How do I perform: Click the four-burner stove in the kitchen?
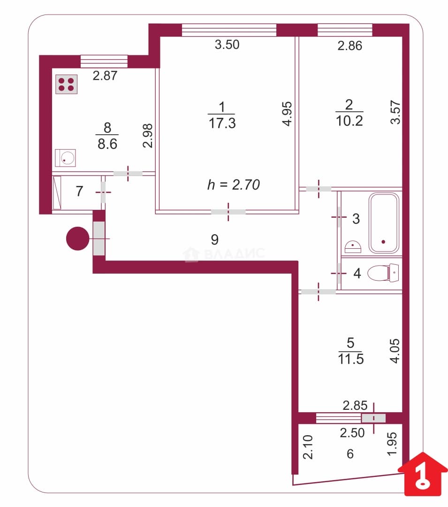[66, 84]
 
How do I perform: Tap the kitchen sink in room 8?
[66, 158]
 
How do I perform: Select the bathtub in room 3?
[384, 223]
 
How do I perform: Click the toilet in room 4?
[383, 273]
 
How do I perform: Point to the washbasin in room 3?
[353, 247]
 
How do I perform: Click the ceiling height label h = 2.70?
[234, 184]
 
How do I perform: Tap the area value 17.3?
[222, 123]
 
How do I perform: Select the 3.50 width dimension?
[227, 45]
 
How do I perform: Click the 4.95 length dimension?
[287, 114]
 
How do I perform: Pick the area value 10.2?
[349, 121]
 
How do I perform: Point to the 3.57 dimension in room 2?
[395, 112]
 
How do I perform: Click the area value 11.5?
[351, 359]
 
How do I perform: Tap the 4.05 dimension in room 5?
[395, 351]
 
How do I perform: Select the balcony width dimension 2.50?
[352, 433]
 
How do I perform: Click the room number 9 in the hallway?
[215, 239]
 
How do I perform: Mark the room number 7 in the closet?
[79, 191]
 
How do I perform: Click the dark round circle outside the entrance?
[77, 238]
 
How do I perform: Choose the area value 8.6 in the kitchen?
[107, 144]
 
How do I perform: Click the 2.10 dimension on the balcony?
[308, 447]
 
